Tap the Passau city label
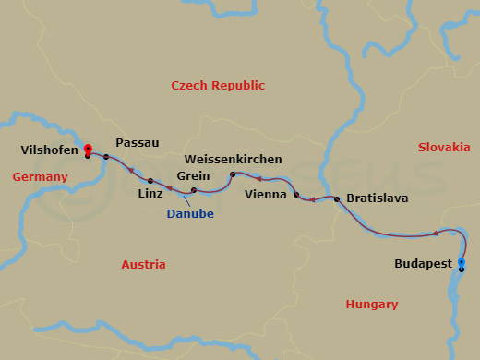(138, 143)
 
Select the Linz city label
(150, 193)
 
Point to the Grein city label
(192, 175)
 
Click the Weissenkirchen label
(238, 158)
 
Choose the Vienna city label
(267, 195)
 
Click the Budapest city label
(423, 263)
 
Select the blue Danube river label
(190, 214)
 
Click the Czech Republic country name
(219, 85)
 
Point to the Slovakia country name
(444, 147)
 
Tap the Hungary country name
(371, 304)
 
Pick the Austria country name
(143, 264)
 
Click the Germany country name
(40, 176)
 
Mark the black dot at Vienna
(296, 195)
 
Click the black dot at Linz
(150, 180)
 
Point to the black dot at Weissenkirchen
(233, 174)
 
